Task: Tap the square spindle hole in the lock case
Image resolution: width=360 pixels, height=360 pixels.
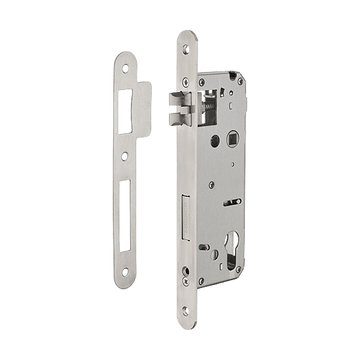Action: coord(231,141)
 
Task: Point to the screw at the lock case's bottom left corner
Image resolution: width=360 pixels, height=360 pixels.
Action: coord(202,280)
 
